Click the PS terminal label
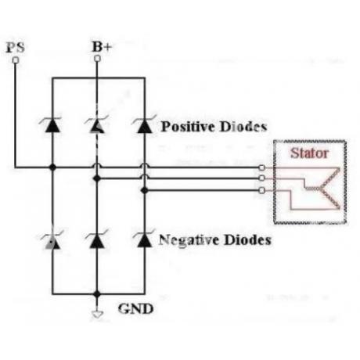[x=16, y=48]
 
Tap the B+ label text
[x=102, y=47]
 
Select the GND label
[x=135, y=309]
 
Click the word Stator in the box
[x=309, y=153]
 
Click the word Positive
[x=189, y=127]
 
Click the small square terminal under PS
[x=16, y=60]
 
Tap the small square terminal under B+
[x=97, y=59]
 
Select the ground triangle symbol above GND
[x=97, y=315]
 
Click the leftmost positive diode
[x=52, y=125]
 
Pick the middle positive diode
[x=97, y=125]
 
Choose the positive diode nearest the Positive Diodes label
[x=145, y=124]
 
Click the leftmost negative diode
[x=52, y=240]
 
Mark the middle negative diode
[x=97, y=239]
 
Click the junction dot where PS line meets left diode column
[x=52, y=167]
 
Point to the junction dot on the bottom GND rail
[x=97, y=294]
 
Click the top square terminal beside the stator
[x=261, y=167]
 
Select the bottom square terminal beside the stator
[x=261, y=190]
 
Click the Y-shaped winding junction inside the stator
[x=320, y=189]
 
